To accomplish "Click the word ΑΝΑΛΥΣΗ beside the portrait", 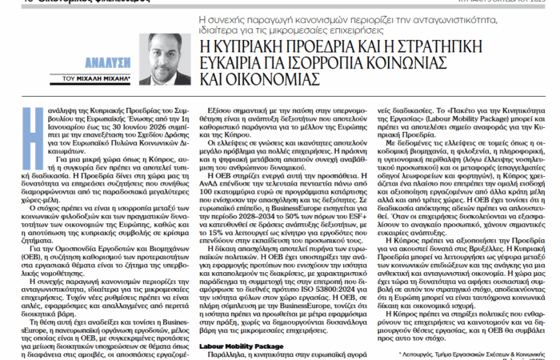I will click(x=84, y=69).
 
